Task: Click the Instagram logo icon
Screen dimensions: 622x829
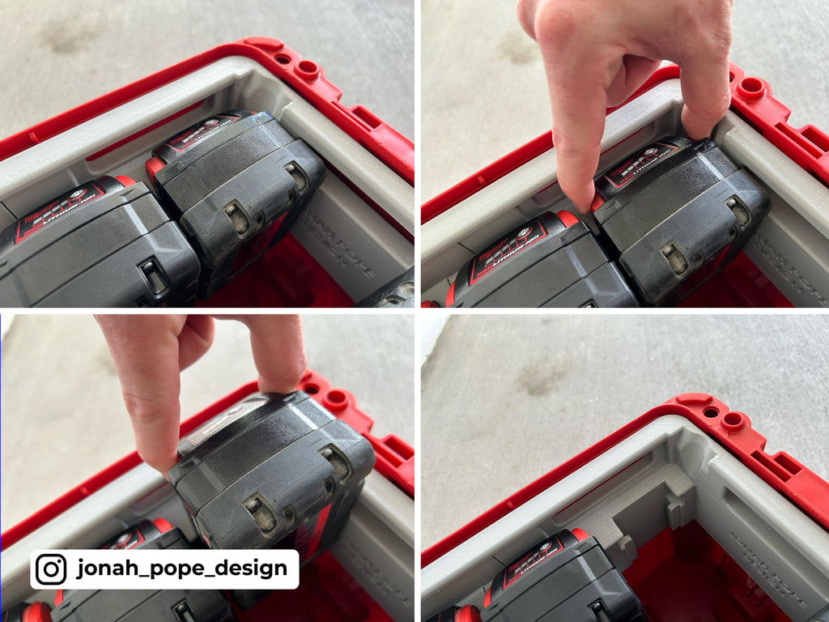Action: tap(51, 569)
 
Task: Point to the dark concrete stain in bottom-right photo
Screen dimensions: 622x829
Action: tap(540, 377)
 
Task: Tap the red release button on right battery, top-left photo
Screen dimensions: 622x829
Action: tap(155, 167)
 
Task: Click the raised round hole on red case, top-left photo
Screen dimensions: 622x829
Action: tap(308, 69)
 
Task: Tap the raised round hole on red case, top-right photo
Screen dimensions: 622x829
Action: tap(751, 87)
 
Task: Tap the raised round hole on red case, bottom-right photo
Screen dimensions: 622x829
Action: tap(733, 420)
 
